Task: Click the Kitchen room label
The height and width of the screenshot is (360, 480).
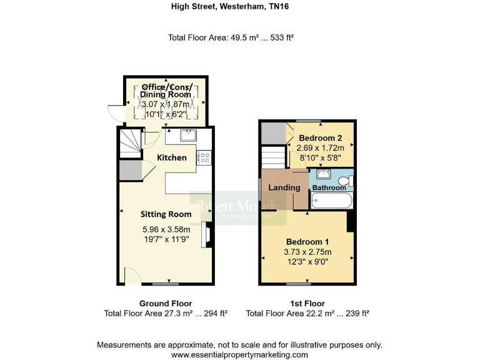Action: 171,157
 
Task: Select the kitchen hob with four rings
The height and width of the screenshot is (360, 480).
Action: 204,158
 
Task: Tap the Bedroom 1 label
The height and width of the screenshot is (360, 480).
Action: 307,241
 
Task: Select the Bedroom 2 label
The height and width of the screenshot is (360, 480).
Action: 320,137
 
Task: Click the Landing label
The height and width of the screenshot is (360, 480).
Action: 284,187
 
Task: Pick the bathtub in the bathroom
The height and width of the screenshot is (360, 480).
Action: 332,202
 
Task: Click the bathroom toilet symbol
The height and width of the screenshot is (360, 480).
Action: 351,181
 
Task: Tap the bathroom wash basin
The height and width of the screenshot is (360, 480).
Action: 324,174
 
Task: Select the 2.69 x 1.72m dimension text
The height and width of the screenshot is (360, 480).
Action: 320,148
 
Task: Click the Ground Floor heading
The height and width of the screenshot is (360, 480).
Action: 166,303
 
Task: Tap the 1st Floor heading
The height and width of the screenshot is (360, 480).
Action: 307,303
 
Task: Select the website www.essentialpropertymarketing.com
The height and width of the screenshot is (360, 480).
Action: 239,354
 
